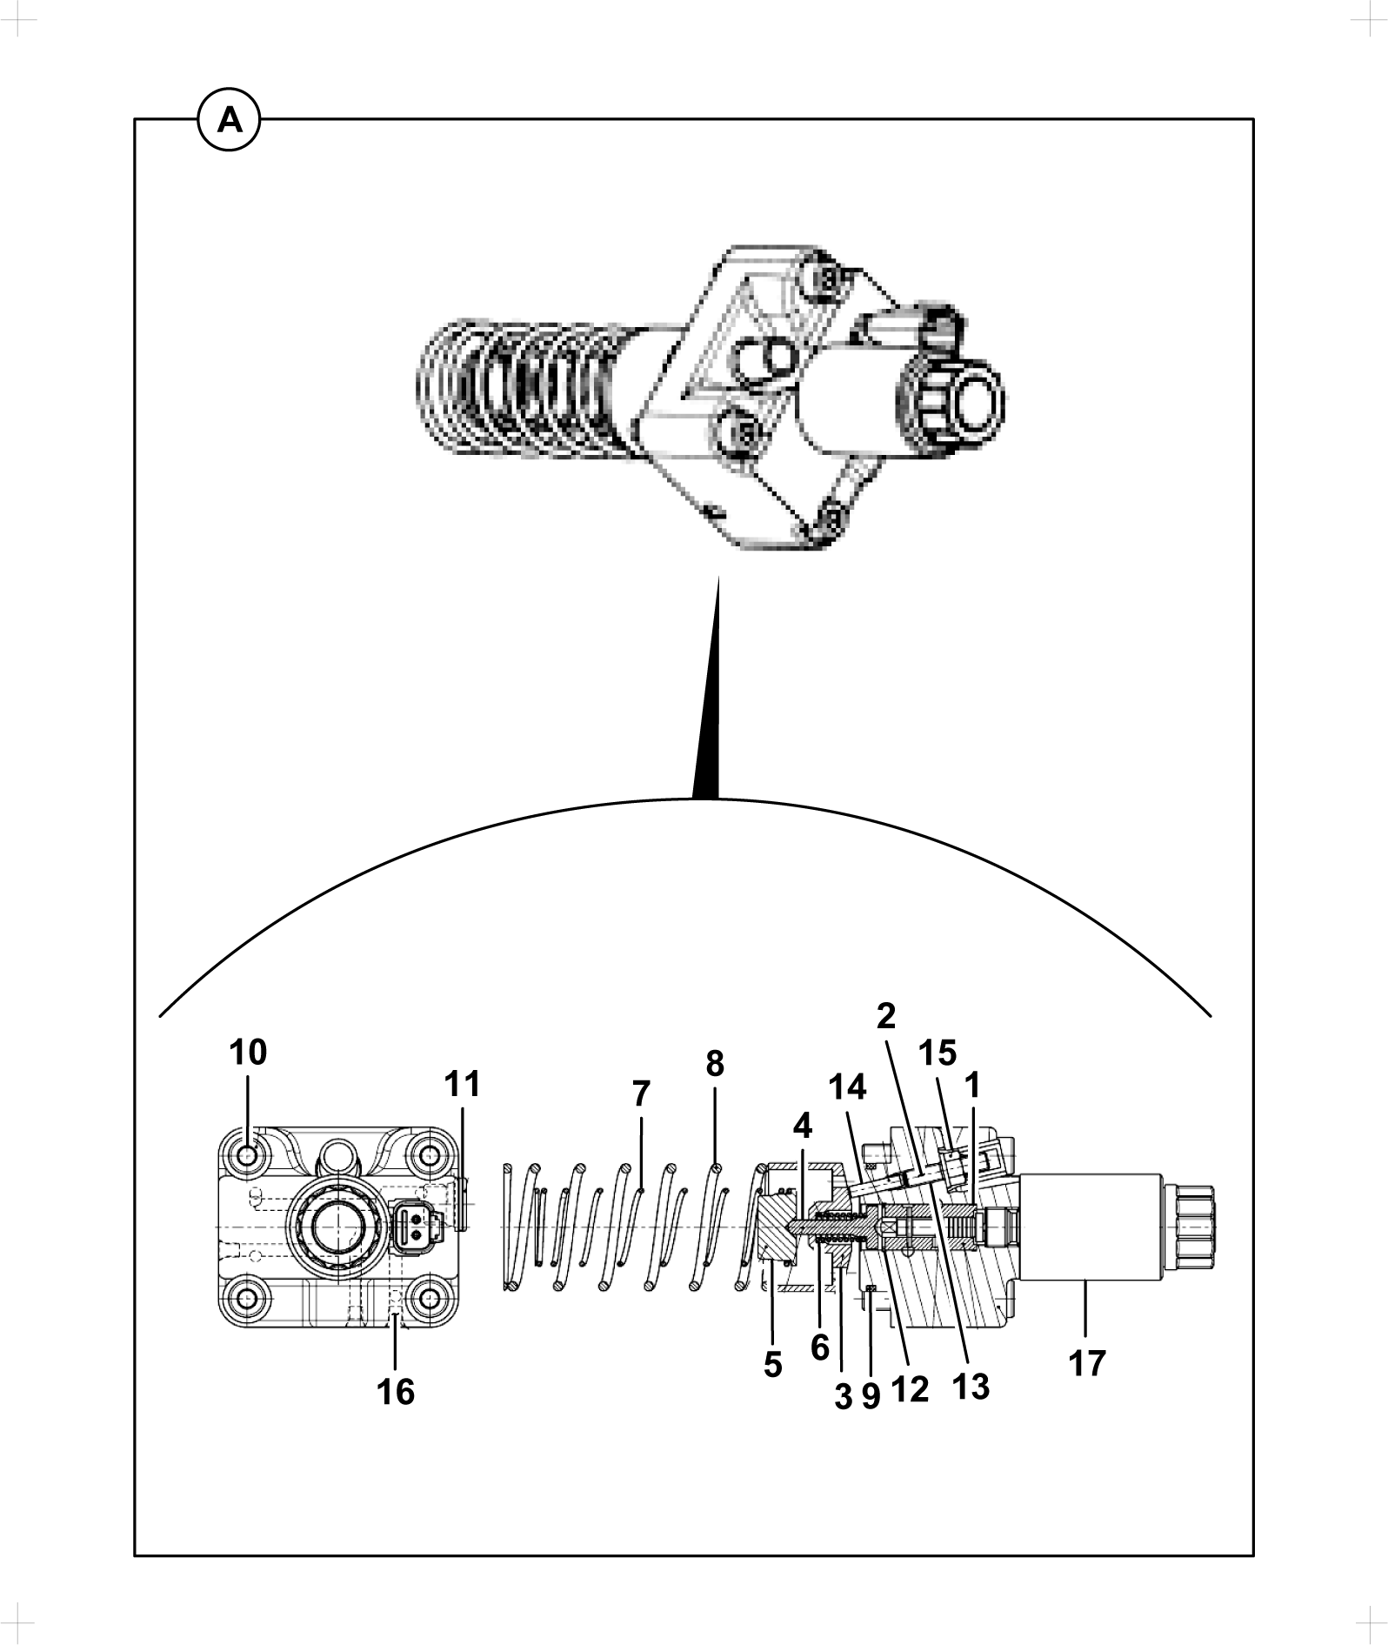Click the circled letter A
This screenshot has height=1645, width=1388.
click(x=230, y=120)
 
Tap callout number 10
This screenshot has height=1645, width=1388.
click(x=248, y=1053)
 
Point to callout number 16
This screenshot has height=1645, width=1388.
click(x=396, y=1392)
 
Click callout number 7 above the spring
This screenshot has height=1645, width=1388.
click(x=641, y=1093)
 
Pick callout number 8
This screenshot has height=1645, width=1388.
click(x=715, y=1063)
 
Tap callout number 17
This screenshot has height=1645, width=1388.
click(x=1086, y=1363)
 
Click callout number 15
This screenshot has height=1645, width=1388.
click(x=938, y=1053)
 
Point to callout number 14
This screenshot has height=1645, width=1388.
click(x=847, y=1087)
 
